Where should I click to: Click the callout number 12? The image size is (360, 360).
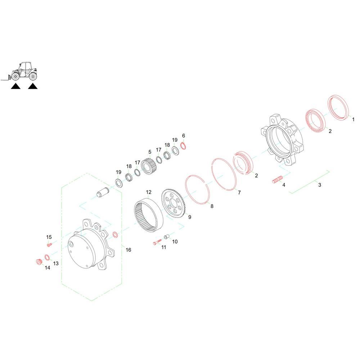[x=149, y=192]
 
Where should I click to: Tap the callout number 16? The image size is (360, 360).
[x=129, y=250]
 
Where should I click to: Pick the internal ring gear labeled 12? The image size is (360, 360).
[x=148, y=215]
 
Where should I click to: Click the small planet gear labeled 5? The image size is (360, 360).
[x=149, y=168]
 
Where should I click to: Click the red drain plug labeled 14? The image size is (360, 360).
[x=39, y=261]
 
